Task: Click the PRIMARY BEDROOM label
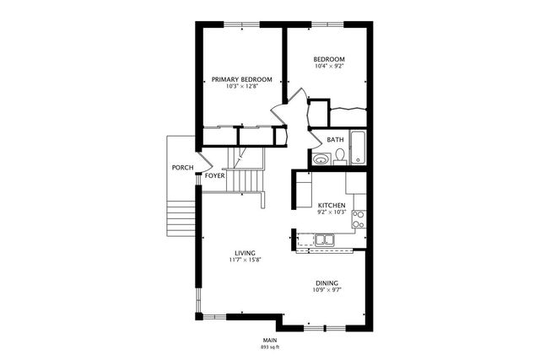click(242, 79)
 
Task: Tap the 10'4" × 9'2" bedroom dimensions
click(329, 66)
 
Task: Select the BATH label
click(336, 140)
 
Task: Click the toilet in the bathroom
click(339, 155)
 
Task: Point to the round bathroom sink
click(320, 159)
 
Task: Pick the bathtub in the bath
click(358, 148)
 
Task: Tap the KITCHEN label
click(331, 206)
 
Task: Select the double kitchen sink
click(326, 240)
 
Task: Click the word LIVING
click(246, 253)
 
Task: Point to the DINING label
click(327, 283)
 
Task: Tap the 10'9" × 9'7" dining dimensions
click(327, 291)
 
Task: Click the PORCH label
click(182, 168)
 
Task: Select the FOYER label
click(214, 176)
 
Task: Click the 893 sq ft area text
click(270, 347)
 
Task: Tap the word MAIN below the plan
click(270, 340)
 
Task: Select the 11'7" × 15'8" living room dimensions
click(246, 261)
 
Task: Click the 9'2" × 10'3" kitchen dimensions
click(331, 213)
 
